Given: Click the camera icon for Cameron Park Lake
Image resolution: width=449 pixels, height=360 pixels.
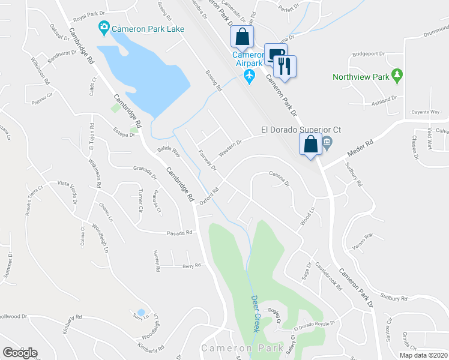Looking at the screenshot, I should (104, 28).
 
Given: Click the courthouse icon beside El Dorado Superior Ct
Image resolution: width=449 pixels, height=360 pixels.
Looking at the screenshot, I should (327, 143).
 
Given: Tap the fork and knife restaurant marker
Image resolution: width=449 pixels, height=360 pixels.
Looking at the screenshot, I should (286, 65).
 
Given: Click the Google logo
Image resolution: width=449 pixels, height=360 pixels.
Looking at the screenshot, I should (20, 353).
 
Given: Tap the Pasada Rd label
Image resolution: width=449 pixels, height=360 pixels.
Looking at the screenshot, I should (180, 232).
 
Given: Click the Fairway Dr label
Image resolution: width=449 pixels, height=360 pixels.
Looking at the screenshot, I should (206, 160).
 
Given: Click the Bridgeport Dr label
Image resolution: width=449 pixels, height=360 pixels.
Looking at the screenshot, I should (368, 53).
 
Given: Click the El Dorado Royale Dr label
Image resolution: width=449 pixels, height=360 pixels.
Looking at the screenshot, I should (313, 326).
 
